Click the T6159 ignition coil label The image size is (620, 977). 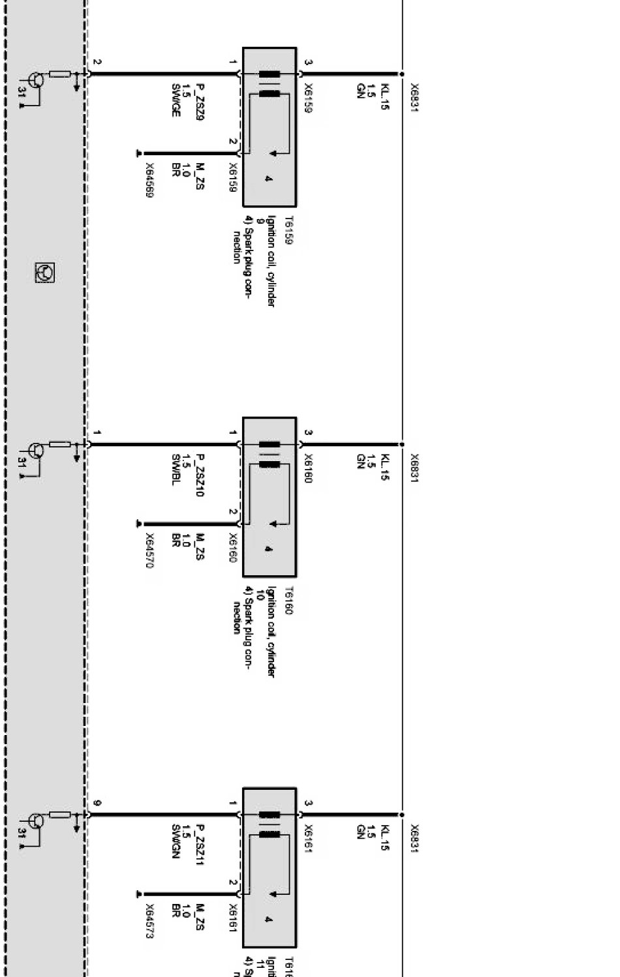pos(288,230)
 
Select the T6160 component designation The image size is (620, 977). pos(288,601)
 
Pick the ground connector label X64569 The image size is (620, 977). pos(149,179)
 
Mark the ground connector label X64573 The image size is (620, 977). pos(149,920)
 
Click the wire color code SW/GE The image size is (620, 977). pos(175,100)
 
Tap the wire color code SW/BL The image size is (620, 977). pos(175,470)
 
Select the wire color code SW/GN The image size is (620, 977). pos(175,841)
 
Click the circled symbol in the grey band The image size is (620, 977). pos(44,273)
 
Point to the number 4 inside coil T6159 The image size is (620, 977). pos(268,179)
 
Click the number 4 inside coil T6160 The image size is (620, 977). pos(268,549)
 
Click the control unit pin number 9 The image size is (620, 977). pos(97,802)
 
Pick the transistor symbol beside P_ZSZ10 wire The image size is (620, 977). pos(37,450)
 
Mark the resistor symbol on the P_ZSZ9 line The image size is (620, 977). pos(60,74)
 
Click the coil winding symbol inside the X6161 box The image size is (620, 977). pos(270,824)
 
